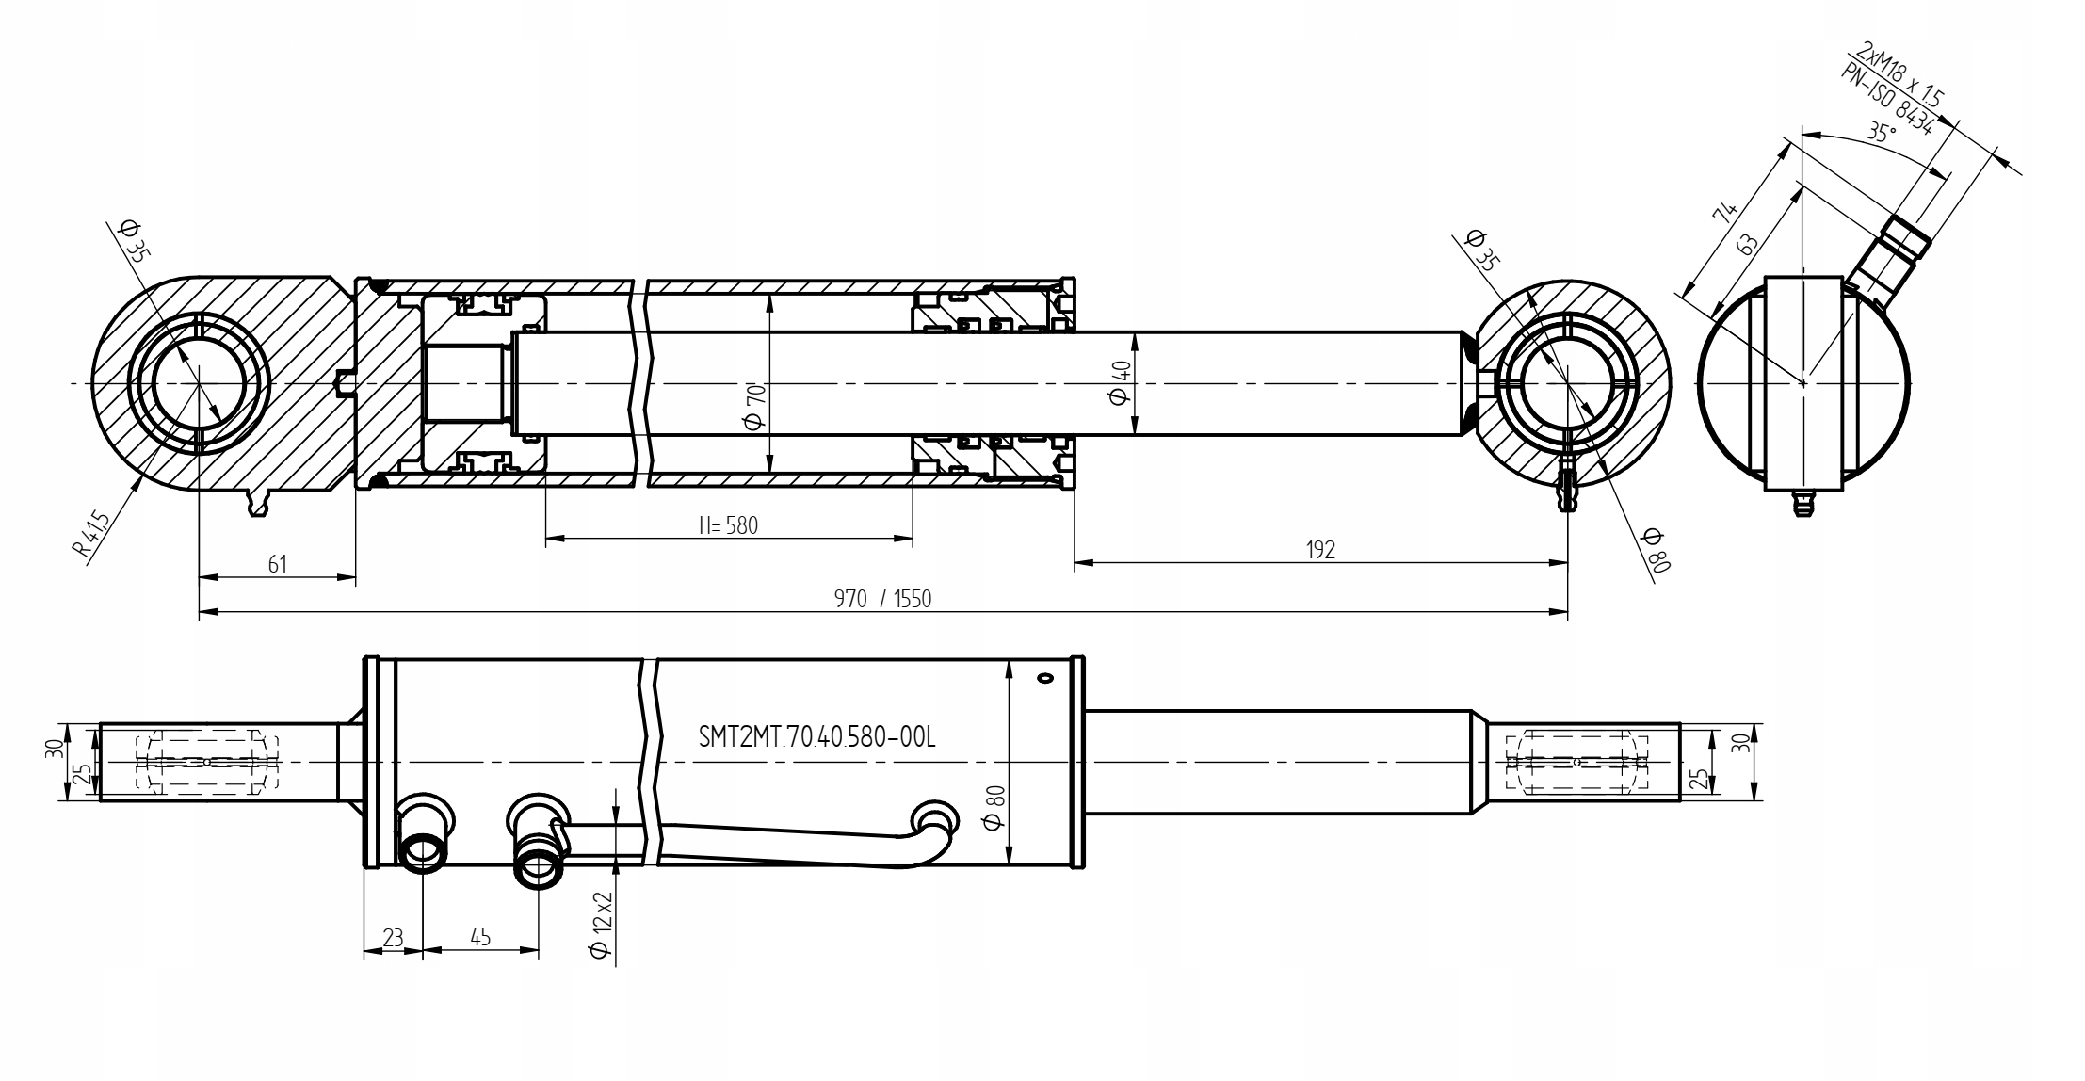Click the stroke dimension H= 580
728,525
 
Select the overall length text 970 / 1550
882,600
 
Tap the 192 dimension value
1320,551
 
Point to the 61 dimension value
278,564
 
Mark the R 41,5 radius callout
92,535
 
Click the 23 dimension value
393,938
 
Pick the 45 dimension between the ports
480,938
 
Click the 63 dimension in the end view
1748,245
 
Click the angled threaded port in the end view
1893,255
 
